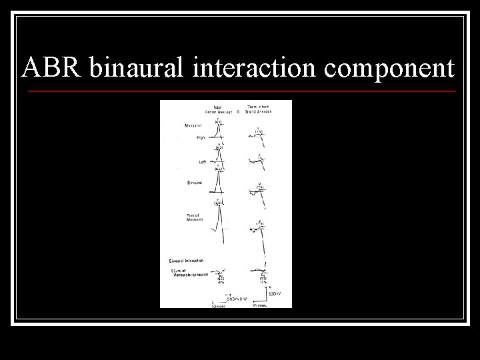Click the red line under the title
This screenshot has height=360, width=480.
point(240,91)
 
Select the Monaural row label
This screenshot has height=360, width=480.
point(195,125)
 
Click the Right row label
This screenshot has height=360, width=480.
point(200,137)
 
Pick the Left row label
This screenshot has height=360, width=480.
point(201,161)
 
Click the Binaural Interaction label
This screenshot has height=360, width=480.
point(186,260)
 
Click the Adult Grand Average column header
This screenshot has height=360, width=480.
point(218,109)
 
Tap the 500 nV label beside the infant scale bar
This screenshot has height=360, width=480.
point(275,293)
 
